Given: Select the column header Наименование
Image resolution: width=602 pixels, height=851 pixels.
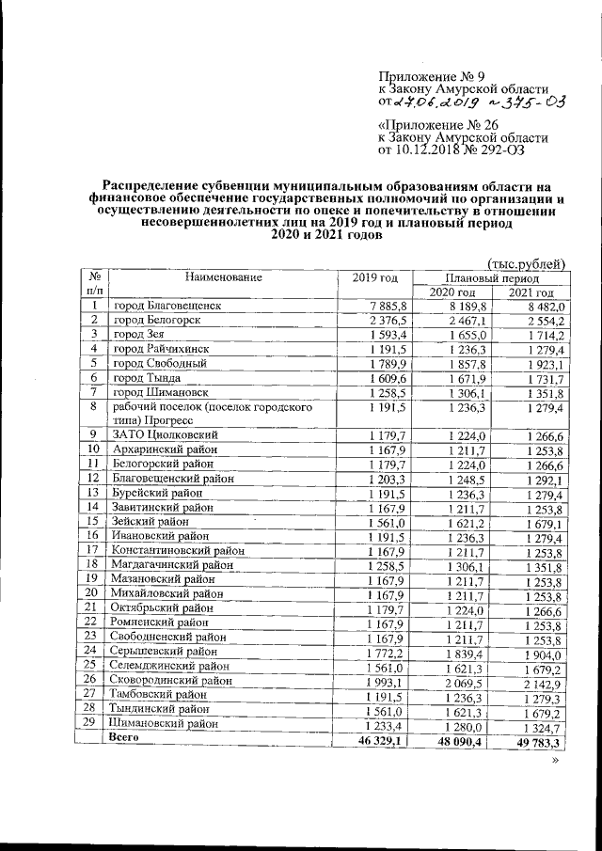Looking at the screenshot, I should coord(223,277).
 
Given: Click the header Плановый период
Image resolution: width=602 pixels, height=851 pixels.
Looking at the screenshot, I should coord(493,279).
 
